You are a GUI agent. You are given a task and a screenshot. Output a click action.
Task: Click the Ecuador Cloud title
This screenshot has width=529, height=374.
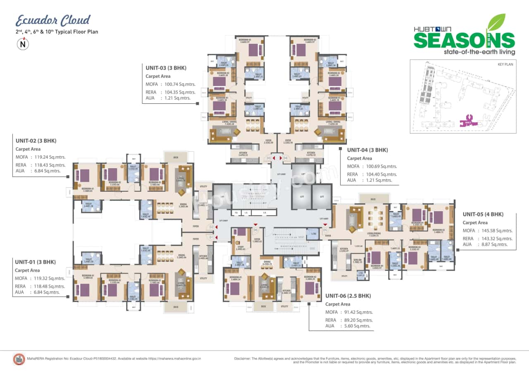[x=53, y=20]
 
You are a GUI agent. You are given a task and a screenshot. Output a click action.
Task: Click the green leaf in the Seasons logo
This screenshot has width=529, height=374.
[x=496, y=22]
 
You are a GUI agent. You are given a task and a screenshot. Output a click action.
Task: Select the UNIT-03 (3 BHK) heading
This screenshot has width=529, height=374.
[x=166, y=68]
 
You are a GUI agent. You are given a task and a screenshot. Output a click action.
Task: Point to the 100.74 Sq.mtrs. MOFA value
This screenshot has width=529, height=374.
[x=181, y=84]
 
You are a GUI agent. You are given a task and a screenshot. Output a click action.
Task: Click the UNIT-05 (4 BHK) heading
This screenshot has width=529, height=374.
[x=483, y=214]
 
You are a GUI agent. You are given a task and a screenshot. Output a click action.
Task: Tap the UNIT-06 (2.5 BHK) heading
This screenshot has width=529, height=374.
[x=348, y=296]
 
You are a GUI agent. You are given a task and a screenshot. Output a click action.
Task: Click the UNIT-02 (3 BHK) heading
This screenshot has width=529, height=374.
[x=36, y=141]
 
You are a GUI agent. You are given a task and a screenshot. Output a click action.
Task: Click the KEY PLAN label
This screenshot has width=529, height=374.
[x=505, y=65]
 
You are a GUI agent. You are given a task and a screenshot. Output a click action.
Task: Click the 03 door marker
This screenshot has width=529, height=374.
[x=269, y=158]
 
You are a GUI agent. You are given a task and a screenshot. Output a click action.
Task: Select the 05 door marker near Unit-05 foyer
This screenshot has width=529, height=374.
[x=325, y=230]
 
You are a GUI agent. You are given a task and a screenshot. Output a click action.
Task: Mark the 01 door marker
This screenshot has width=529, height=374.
[x=211, y=237]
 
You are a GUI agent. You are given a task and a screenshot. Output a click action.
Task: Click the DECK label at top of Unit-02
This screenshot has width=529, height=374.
[x=176, y=157]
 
